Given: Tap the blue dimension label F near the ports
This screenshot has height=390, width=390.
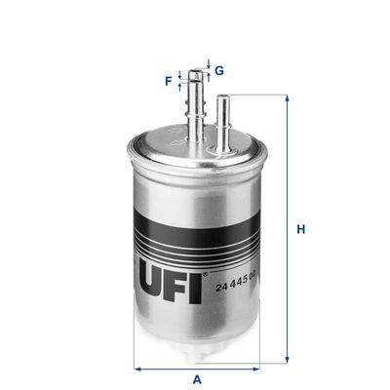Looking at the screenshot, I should [168, 82].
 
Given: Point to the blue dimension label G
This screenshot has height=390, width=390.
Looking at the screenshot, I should [219, 70].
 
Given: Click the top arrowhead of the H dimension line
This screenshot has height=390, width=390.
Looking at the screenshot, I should [287, 99].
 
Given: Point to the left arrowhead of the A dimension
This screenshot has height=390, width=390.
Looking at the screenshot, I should [137, 368].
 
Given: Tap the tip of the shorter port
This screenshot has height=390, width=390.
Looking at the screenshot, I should [224, 96].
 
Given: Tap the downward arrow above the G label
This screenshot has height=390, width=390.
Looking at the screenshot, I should [208, 65].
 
